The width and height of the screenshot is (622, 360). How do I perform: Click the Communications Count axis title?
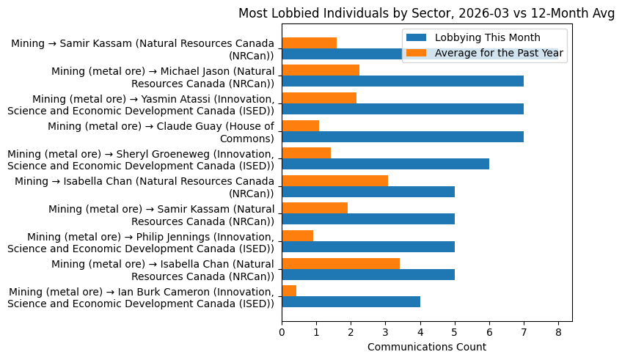coord(426,347)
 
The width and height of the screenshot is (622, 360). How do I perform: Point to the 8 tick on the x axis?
coord(558,331)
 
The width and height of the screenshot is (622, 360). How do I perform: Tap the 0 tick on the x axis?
coord(282,331)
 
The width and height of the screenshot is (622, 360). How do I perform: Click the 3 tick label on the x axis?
coord(385,331)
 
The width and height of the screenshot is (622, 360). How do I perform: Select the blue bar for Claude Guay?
coord(403,136)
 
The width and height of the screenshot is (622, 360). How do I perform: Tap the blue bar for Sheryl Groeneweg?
coord(385,164)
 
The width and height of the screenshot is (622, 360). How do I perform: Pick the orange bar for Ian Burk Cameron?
coord(289,291)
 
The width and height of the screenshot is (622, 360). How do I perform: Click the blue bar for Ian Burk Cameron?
coord(351,302)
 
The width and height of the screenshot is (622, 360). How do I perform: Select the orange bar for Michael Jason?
coord(321,70)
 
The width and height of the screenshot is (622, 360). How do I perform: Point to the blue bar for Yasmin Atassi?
coord(403,109)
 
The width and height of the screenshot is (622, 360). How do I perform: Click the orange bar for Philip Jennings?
coord(297,236)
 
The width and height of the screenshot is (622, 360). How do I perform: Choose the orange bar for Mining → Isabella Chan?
coord(334,180)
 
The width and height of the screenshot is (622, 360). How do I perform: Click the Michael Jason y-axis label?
coord(163,76)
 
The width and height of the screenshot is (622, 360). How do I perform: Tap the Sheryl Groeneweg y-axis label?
coord(141,159)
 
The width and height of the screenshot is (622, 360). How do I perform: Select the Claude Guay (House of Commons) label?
coord(161,132)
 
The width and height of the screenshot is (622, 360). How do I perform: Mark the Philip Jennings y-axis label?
coord(141,242)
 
